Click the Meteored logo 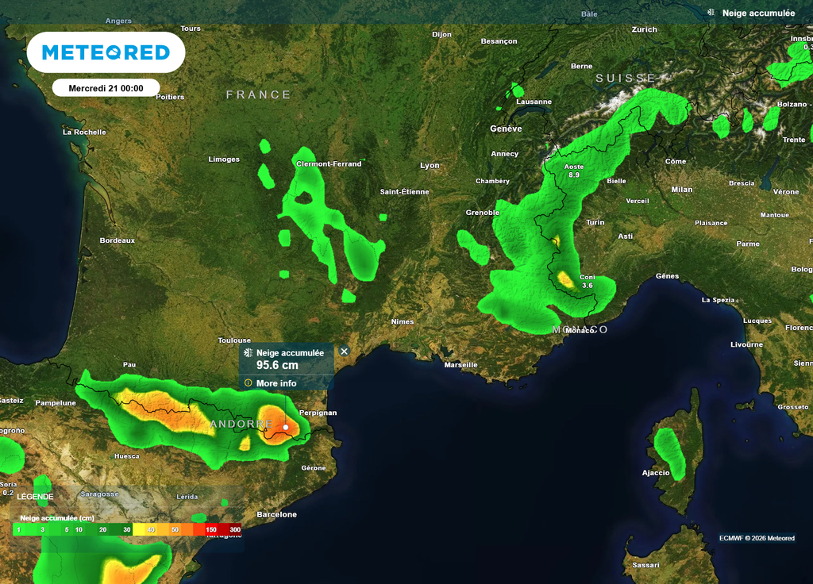tap(106, 52)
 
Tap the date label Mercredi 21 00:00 tap(106, 88)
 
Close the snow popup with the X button tap(345, 351)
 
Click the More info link tap(276, 383)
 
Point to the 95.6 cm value tap(277, 365)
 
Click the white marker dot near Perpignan tap(286, 427)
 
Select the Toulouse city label tap(234, 340)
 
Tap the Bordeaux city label tap(118, 240)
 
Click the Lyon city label tap(430, 166)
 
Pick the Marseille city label tap(461, 365)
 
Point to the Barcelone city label tap(277, 515)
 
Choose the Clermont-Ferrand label tap(328, 164)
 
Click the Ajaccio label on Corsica tap(656, 473)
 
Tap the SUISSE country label tap(626, 79)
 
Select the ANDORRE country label tap(242, 425)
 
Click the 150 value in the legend tap(211, 529)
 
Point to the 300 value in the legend tap(235, 529)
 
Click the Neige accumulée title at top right tap(758, 13)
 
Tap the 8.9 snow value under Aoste tap(574, 175)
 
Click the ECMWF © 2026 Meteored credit tap(757, 539)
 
